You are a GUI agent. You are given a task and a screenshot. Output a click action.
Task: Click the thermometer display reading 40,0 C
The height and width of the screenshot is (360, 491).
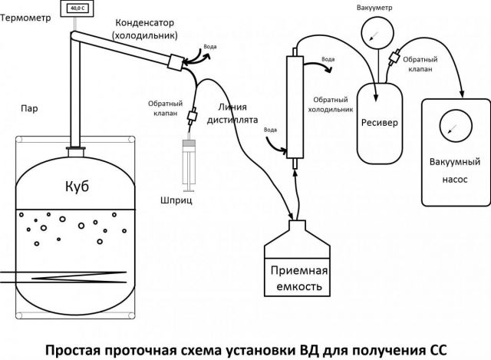pyautogui.click(x=78, y=9)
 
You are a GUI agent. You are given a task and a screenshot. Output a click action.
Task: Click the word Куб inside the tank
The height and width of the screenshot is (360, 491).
pyautogui.click(x=76, y=189)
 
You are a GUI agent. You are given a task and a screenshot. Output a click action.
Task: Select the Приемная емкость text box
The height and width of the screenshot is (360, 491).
pyautogui.click(x=298, y=279)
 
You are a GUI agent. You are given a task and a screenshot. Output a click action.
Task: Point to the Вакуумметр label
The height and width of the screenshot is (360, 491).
pyautogui.click(x=375, y=7)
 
